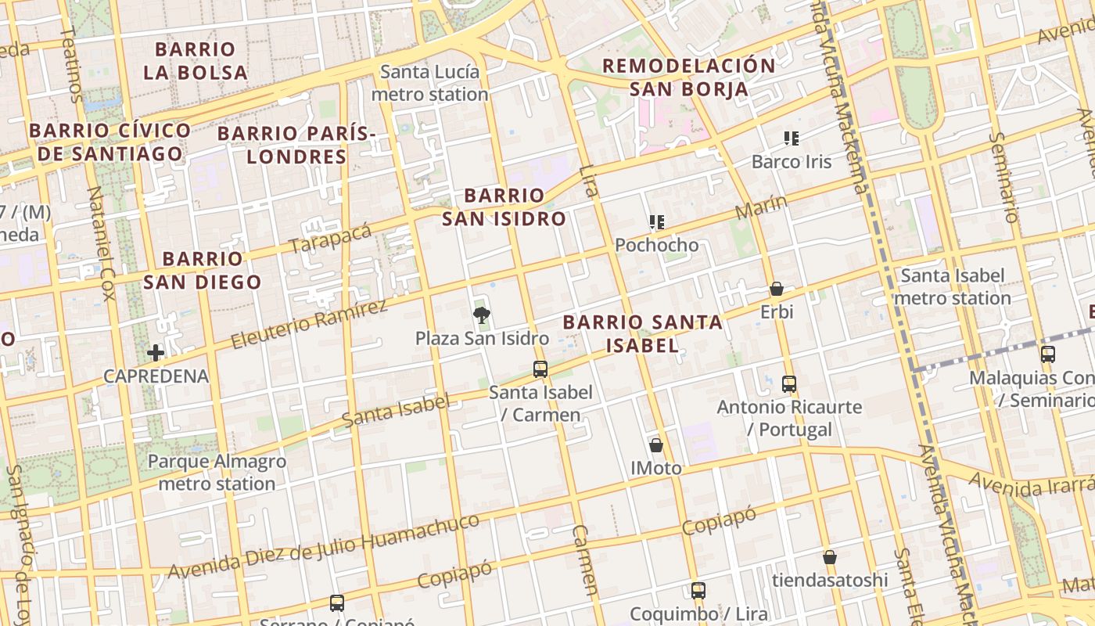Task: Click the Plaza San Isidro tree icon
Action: (482, 315)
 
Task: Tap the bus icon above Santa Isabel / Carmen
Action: (540, 369)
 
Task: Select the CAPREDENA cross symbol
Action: (156, 353)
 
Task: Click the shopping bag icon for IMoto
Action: (656, 445)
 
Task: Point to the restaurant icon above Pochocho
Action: (657, 222)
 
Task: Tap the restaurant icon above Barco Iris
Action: (792, 139)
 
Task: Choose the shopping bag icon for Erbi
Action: (777, 289)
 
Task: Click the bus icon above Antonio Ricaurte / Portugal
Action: (789, 384)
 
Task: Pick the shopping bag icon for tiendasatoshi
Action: (830, 557)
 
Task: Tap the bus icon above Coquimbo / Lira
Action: (698, 591)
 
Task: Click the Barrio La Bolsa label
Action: (196, 61)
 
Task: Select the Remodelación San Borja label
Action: (689, 77)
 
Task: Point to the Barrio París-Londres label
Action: (297, 145)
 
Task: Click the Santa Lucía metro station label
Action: (429, 83)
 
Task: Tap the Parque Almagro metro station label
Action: (217, 473)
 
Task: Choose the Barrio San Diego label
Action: (203, 270)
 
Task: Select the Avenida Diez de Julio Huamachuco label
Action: (323, 547)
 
